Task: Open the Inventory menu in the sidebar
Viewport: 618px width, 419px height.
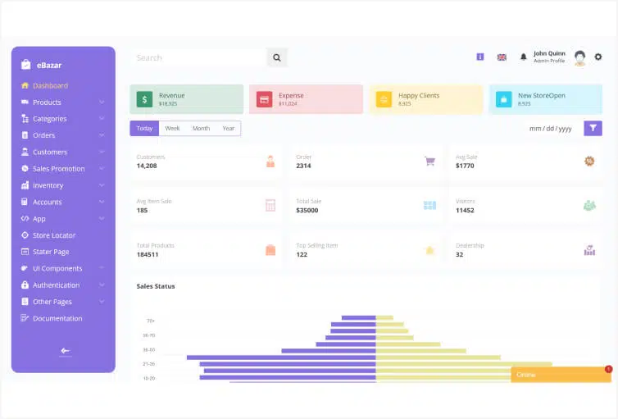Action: pyautogui.click(x=48, y=185)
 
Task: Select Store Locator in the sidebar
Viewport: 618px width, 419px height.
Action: pyautogui.click(x=53, y=235)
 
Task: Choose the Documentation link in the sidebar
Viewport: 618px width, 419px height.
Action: pyautogui.click(x=57, y=318)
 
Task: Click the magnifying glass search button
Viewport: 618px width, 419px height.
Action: pyautogui.click(x=277, y=58)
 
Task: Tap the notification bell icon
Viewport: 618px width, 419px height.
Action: pyautogui.click(x=524, y=57)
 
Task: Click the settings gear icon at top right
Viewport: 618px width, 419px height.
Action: pyautogui.click(x=598, y=57)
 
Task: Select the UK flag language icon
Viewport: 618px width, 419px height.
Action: pyautogui.click(x=502, y=57)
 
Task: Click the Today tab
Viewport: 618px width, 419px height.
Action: pyautogui.click(x=144, y=129)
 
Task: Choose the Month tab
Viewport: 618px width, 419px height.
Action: pyautogui.click(x=201, y=129)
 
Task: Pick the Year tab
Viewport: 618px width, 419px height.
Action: pyautogui.click(x=229, y=129)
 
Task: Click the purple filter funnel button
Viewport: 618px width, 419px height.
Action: pyautogui.click(x=593, y=128)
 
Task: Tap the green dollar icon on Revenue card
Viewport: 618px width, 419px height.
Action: pyautogui.click(x=144, y=99)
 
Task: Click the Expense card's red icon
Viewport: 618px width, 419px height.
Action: pyautogui.click(x=264, y=99)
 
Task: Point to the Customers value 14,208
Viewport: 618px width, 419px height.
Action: pyautogui.click(x=147, y=166)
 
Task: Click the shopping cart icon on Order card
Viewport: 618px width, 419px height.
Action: pyautogui.click(x=429, y=162)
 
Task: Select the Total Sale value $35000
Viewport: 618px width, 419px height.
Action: pyautogui.click(x=307, y=211)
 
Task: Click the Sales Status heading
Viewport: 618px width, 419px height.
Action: pyautogui.click(x=156, y=286)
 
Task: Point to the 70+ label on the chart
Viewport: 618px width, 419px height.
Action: pyautogui.click(x=151, y=321)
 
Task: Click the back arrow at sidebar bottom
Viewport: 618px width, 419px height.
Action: pyautogui.click(x=65, y=351)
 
